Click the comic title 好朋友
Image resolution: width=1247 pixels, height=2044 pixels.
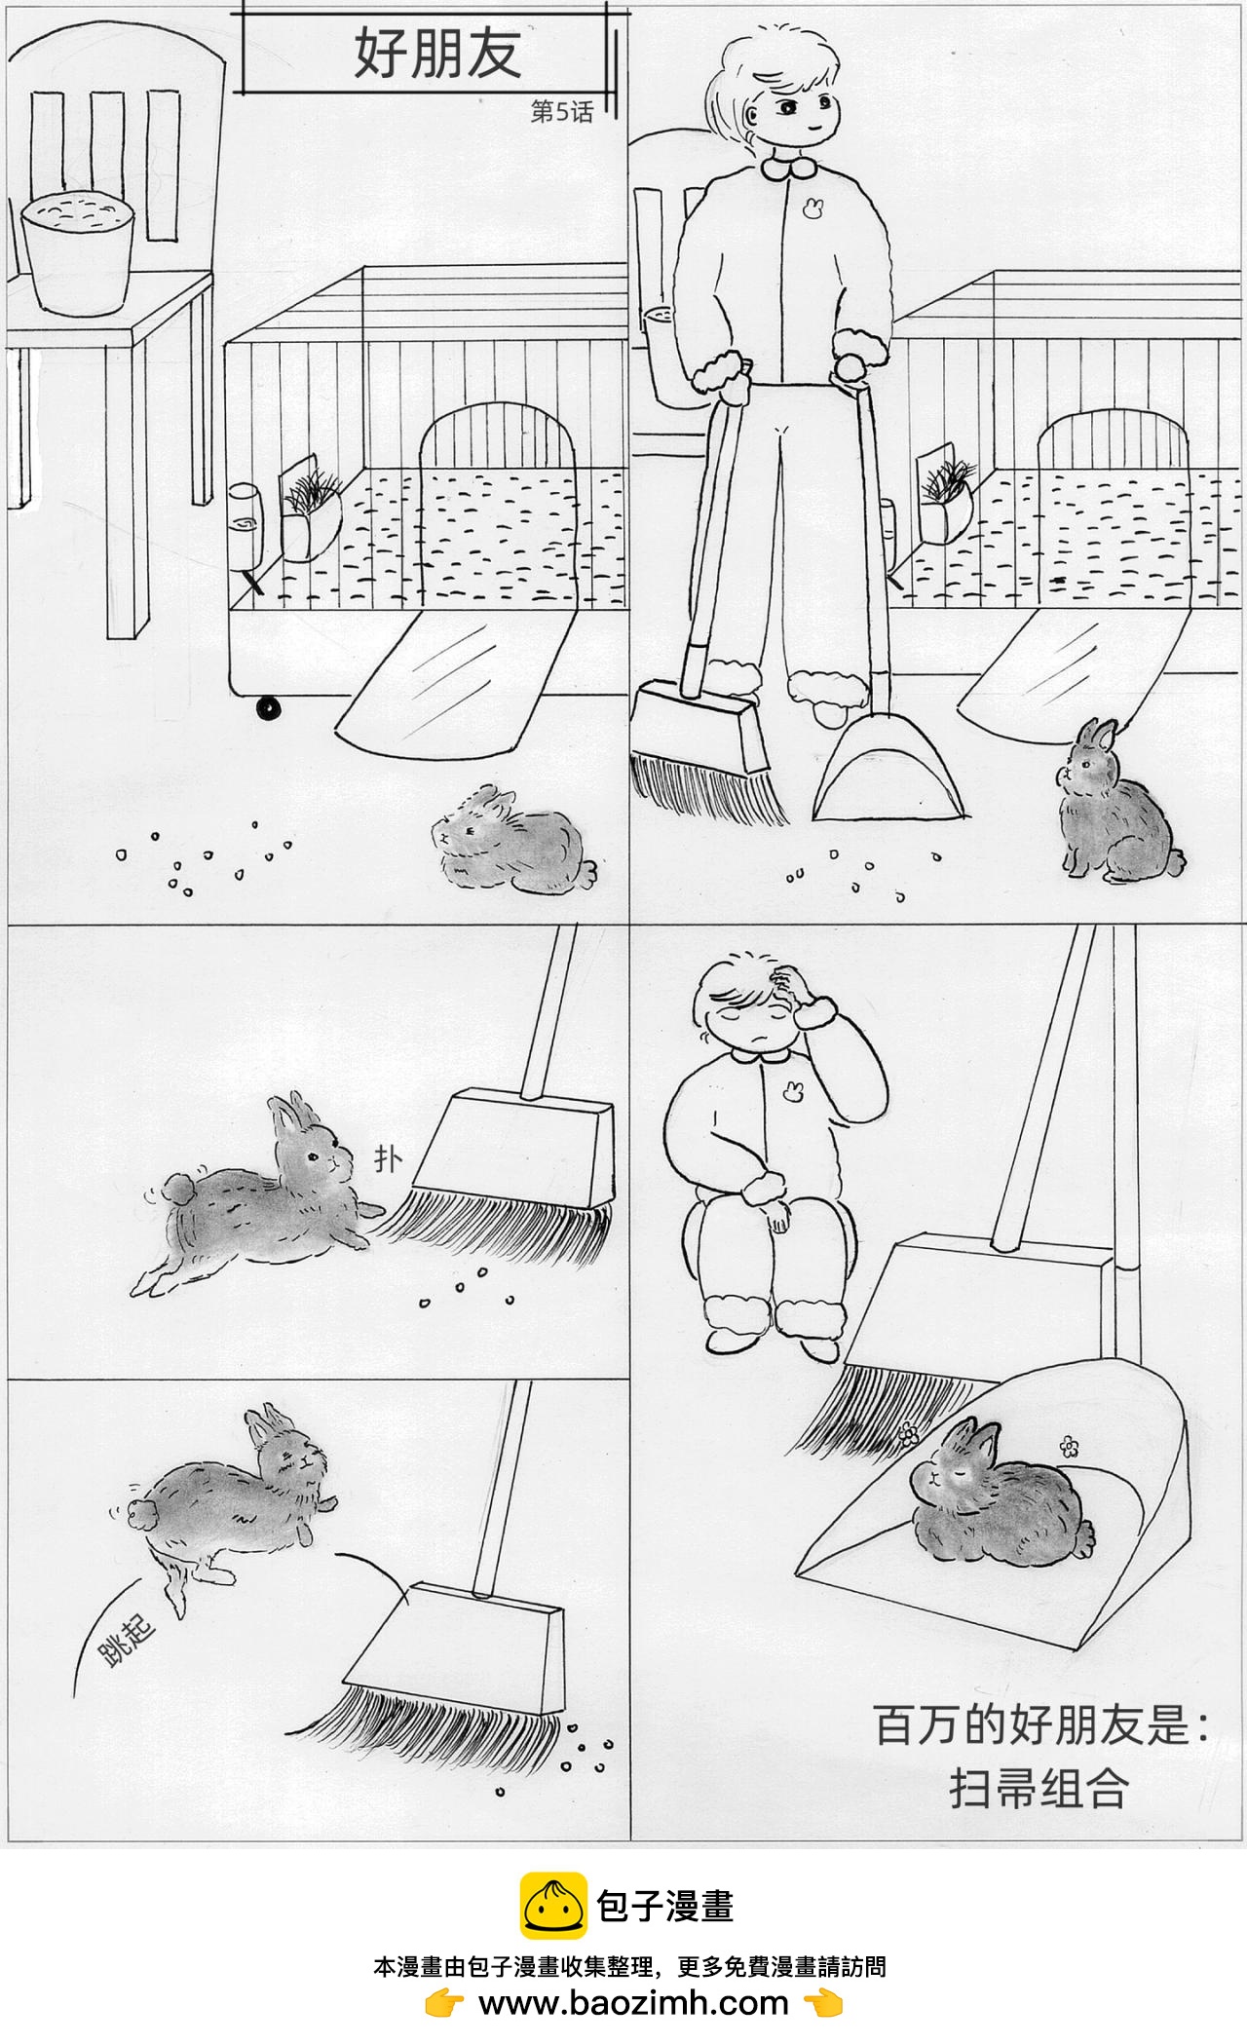437,53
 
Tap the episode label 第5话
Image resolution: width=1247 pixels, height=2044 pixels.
561,112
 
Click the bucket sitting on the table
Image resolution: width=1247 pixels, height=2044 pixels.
77,253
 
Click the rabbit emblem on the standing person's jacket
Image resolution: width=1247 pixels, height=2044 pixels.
812,208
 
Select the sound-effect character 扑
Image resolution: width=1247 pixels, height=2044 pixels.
389,1159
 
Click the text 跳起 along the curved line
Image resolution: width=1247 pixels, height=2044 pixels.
127,1642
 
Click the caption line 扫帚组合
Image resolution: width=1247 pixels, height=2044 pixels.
1039,1788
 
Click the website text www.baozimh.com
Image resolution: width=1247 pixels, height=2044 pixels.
633,2003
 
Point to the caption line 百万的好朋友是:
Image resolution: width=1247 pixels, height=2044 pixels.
1041,1725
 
